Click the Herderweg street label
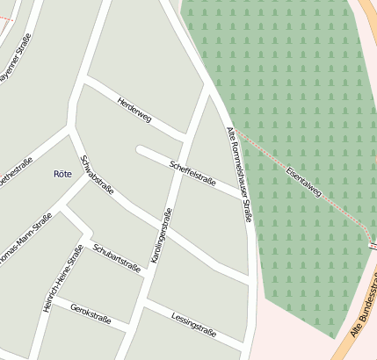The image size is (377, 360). tap(134, 112)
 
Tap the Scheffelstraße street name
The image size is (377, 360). tap(192, 167)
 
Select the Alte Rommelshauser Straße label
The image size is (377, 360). tap(240, 175)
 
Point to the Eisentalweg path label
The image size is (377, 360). tap(304, 181)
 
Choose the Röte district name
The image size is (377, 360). tap(62, 174)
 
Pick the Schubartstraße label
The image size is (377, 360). tap(116, 255)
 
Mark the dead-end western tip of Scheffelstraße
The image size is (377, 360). tap(140, 149)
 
